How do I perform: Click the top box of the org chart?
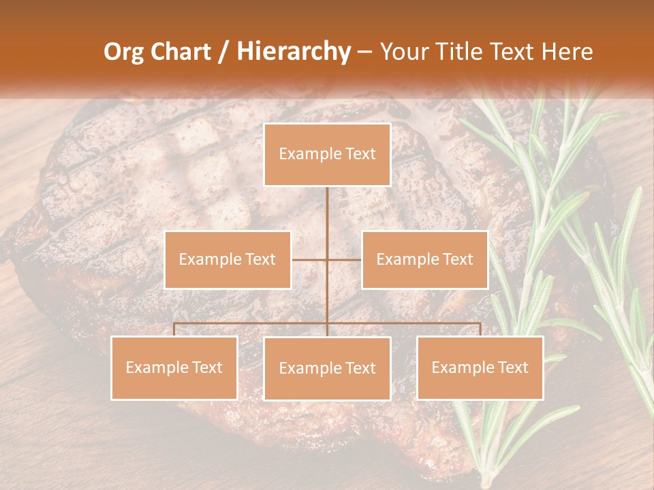coord(327,154)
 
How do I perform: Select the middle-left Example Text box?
coord(228,260)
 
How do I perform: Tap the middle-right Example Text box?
coord(424,260)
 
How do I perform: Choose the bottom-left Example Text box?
coord(174,368)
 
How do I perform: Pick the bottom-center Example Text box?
coord(327,369)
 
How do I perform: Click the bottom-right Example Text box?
coord(480,368)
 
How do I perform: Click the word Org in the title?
coord(125,52)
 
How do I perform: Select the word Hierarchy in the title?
coord(294,52)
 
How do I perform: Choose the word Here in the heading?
coord(567,52)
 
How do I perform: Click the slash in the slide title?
coord(223,52)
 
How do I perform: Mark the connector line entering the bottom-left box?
coord(174,329)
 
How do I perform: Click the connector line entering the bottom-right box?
coord(480,329)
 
